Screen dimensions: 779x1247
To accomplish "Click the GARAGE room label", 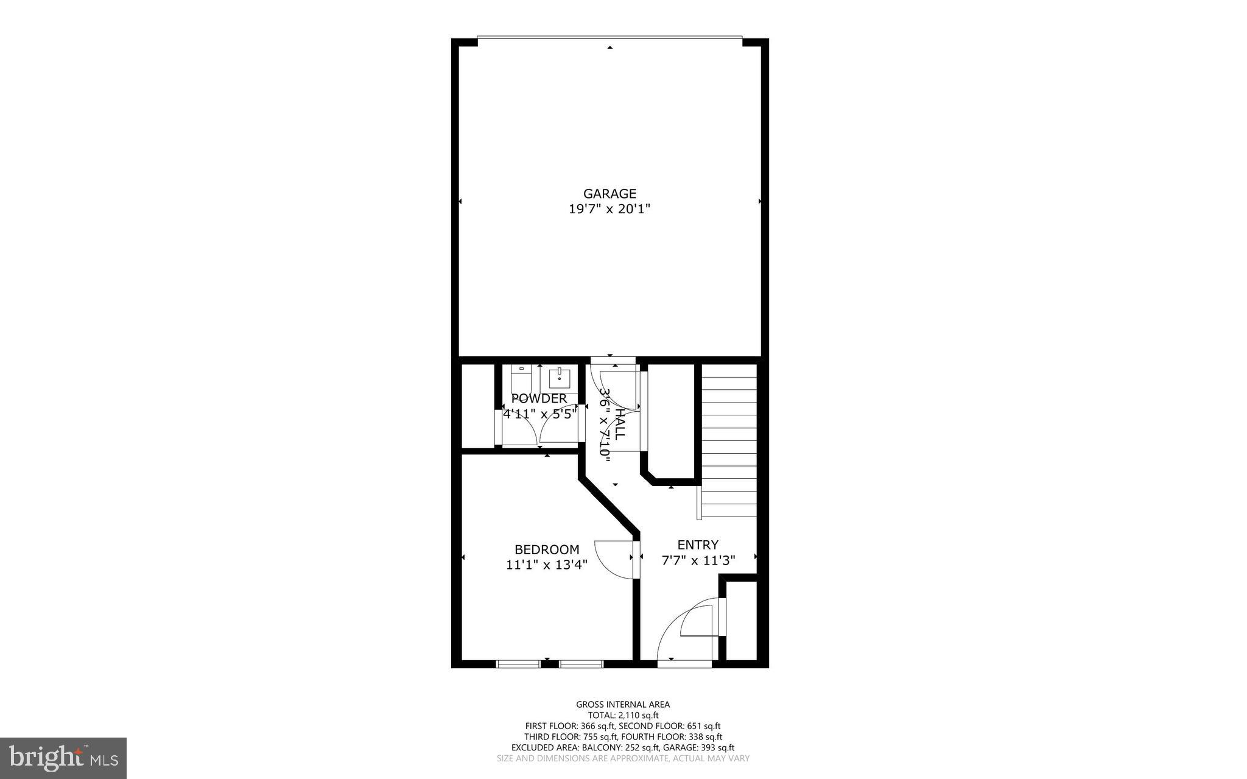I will pyautogui.click(x=609, y=194).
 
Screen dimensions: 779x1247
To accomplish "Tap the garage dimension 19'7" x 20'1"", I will pyautogui.click(x=609, y=209).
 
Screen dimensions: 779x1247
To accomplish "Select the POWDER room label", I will pyautogui.click(x=539, y=398).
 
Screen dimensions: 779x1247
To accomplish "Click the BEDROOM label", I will pyautogui.click(x=547, y=549).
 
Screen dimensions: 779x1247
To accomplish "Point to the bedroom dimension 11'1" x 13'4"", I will pyautogui.click(x=547, y=565).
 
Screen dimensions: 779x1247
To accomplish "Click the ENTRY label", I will pyautogui.click(x=698, y=545).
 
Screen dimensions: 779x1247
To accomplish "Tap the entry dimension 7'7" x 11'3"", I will pyautogui.click(x=698, y=560).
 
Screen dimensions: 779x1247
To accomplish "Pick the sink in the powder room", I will pyautogui.click(x=560, y=378).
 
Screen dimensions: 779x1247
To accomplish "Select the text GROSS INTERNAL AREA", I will pyautogui.click(x=623, y=705).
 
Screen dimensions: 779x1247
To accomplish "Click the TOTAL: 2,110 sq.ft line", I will pyautogui.click(x=623, y=716).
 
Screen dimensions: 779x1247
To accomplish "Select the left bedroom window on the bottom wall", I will pyautogui.click(x=518, y=664).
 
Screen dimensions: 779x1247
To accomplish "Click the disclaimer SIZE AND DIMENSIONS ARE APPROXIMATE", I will pyautogui.click(x=623, y=758).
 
